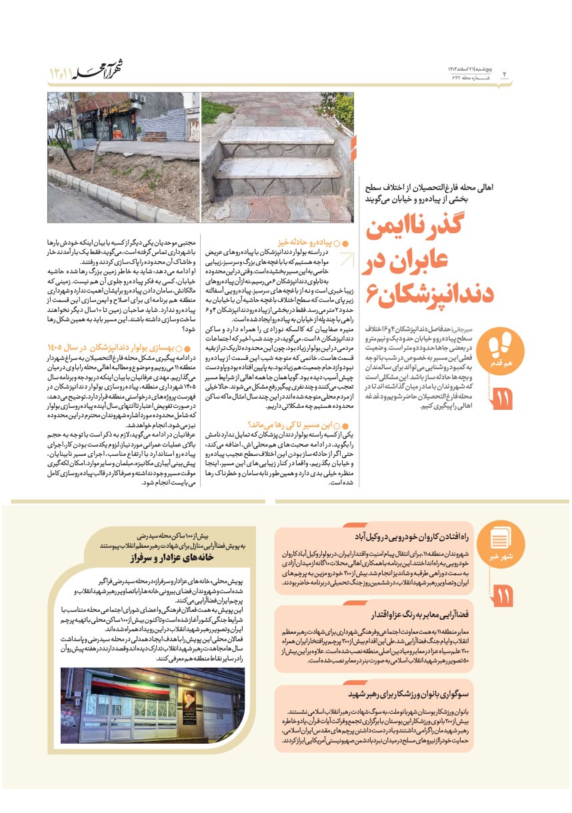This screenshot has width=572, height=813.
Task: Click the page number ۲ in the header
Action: pos(504,72)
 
